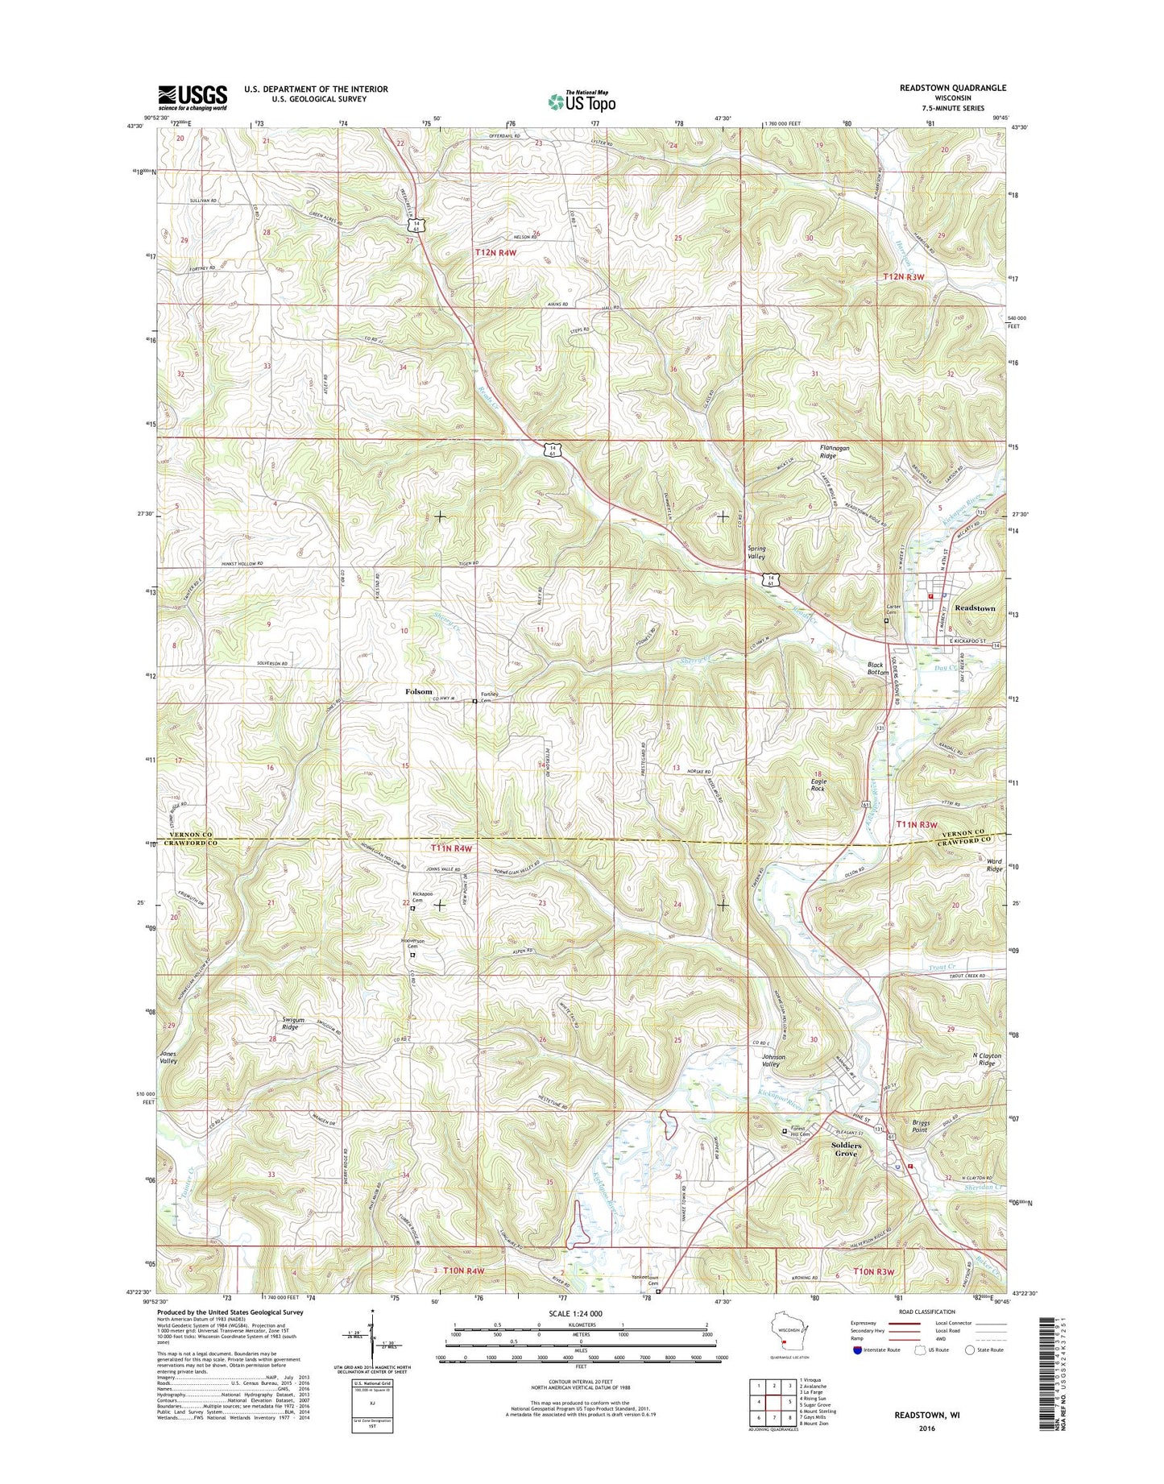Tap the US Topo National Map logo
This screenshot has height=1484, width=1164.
[582, 101]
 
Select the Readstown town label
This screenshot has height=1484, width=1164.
[974, 608]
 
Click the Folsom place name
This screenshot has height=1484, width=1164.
[418, 691]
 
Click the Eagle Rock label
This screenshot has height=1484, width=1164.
[818, 785]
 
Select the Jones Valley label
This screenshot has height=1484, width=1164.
[168, 1057]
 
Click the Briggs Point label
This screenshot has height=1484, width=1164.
[921, 1125]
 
